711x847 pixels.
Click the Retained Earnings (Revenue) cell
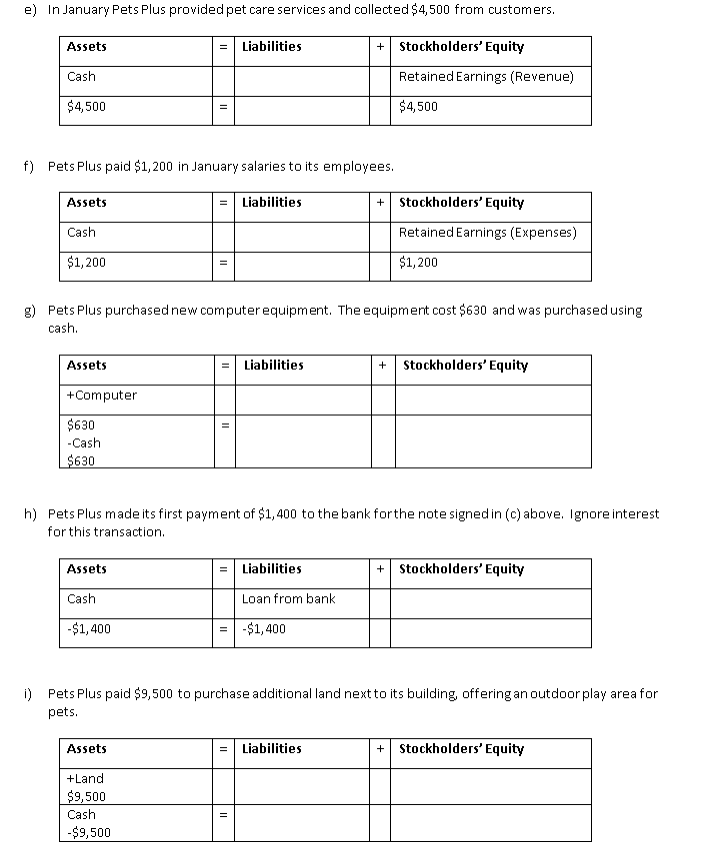click(485, 77)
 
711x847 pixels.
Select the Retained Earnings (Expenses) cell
click(487, 233)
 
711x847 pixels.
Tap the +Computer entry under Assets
click(101, 396)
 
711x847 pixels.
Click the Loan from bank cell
click(288, 599)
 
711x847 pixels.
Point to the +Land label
click(85, 779)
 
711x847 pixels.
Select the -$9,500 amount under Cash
click(89, 832)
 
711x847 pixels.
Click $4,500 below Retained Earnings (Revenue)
click(418, 107)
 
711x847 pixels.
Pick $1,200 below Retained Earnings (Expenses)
click(418, 263)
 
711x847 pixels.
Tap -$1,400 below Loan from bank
click(264, 629)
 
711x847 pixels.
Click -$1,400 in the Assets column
click(89, 629)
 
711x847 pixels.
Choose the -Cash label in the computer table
click(84, 443)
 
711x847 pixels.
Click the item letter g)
click(30, 311)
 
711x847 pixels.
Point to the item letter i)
click(29, 693)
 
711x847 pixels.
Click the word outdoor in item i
click(566, 693)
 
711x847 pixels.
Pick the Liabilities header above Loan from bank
click(271, 569)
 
